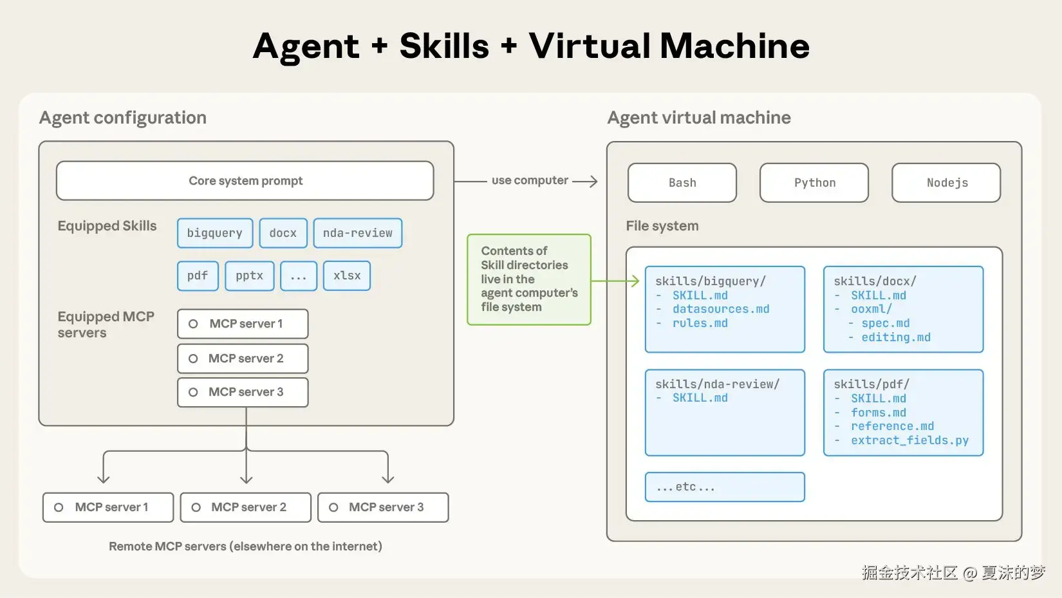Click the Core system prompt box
pyautogui.click(x=245, y=181)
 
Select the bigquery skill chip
pyautogui.click(x=215, y=233)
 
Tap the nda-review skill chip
pyautogui.click(x=357, y=233)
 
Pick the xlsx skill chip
pyautogui.click(x=346, y=276)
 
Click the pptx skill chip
pyautogui.click(x=249, y=276)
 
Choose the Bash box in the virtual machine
pyautogui.click(x=682, y=183)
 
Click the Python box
pyautogui.click(x=814, y=183)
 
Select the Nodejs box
pyautogui.click(x=946, y=183)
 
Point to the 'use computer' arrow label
pyautogui.click(x=530, y=180)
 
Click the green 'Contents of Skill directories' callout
pyautogui.click(x=529, y=279)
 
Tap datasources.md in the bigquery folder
pyautogui.click(x=721, y=309)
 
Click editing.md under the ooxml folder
pyautogui.click(x=895, y=337)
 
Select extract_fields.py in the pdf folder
pyautogui.click(x=909, y=440)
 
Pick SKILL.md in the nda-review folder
pyautogui.click(x=700, y=398)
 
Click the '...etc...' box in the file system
pyautogui.click(x=725, y=487)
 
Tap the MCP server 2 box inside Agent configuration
pyautogui.click(x=243, y=359)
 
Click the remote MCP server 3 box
pyautogui.click(x=383, y=507)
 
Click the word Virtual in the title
pyautogui.click(x=590, y=46)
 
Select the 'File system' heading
pyautogui.click(x=662, y=226)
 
